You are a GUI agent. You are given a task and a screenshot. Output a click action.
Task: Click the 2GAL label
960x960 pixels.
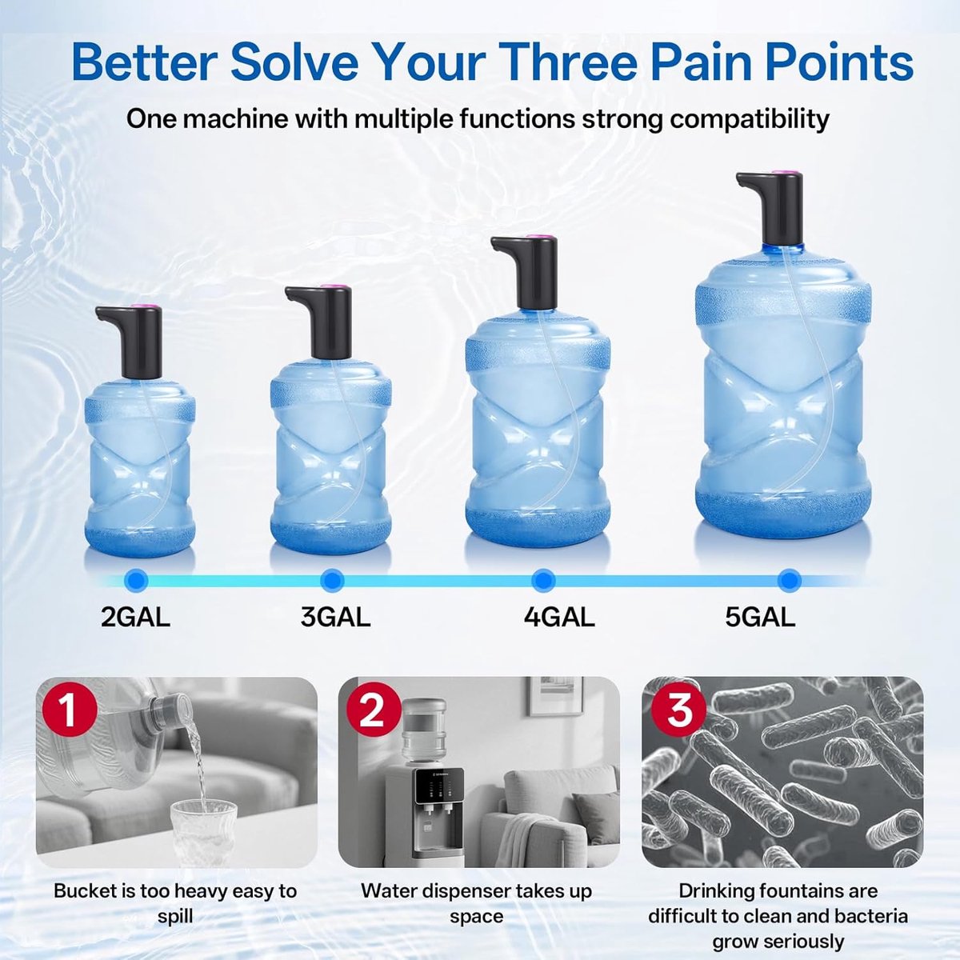[135, 618]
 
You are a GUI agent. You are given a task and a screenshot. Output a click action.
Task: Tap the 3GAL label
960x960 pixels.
[335, 618]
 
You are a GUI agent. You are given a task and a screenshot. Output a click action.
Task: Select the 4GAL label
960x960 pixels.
[559, 618]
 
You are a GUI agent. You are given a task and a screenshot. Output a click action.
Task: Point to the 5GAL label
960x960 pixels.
[760, 618]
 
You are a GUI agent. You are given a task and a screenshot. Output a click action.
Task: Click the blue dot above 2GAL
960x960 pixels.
[137, 580]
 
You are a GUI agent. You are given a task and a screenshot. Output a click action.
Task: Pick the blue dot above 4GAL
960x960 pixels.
[543, 580]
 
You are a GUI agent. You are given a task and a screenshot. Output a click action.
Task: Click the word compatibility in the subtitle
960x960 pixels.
[749, 119]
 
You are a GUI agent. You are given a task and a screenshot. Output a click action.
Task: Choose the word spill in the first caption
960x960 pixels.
[175, 917]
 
